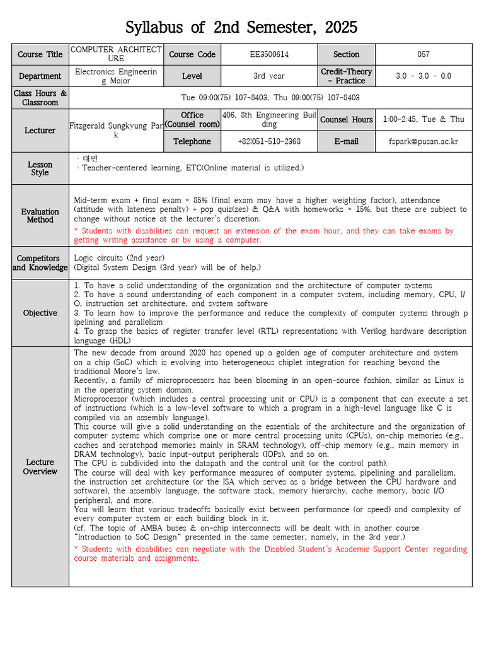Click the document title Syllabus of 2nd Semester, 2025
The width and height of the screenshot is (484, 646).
point(241,28)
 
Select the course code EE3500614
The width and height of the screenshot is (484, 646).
point(269,54)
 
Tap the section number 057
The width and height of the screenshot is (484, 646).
point(423,54)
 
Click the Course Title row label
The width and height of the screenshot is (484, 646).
point(40,54)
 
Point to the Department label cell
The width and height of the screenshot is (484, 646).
point(40,76)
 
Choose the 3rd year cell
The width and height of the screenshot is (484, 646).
point(269,76)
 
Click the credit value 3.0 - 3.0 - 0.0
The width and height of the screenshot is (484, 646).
point(423,76)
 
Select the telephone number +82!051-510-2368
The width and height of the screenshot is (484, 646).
point(269,141)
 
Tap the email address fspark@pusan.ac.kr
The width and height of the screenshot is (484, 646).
point(423,141)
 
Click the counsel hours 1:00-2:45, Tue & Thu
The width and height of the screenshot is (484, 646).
point(423,119)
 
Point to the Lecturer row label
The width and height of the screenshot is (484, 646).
point(40,131)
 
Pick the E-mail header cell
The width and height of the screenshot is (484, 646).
point(347,141)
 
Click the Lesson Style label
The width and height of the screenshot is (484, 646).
point(40,168)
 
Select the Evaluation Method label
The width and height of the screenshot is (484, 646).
point(40,216)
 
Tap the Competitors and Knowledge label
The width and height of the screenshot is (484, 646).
point(40,263)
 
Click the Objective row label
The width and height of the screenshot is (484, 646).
point(40,313)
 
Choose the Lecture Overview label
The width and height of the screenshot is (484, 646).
point(40,467)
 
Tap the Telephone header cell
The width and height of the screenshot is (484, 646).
point(192,141)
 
